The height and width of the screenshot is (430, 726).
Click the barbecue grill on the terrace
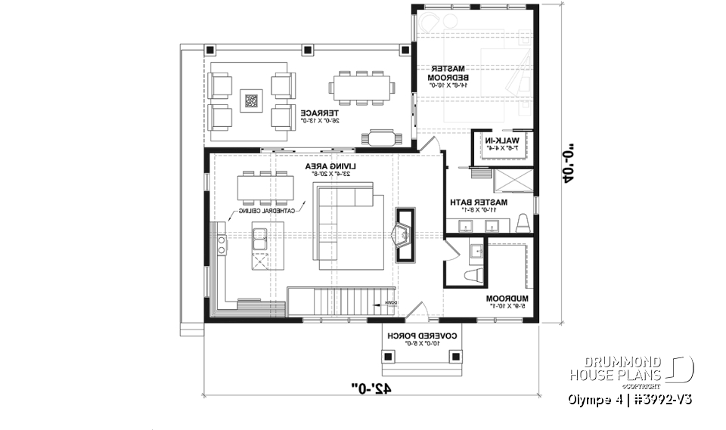coord(382,137)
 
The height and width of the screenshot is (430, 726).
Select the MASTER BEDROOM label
coord(448,73)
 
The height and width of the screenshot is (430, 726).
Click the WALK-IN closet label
coord(501,144)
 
